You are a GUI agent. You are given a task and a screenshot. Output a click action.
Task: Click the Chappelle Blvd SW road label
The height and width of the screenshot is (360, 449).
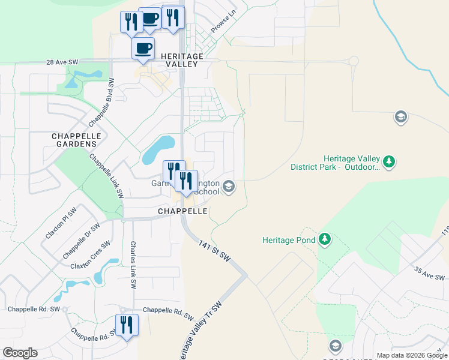[x=101, y=101]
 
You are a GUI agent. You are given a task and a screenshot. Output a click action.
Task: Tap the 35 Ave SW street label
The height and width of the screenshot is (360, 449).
[x=429, y=274]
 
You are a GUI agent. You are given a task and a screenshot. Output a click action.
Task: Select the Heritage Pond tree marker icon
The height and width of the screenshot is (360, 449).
[x=325, y=240]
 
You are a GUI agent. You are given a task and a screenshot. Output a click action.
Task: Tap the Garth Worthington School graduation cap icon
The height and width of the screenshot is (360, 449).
[x=228, y=187]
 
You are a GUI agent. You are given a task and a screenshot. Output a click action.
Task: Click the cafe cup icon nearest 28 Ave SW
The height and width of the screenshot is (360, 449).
[x=143, y=48]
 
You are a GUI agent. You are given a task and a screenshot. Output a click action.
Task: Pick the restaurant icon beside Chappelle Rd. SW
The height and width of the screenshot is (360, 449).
[x=127, y=325]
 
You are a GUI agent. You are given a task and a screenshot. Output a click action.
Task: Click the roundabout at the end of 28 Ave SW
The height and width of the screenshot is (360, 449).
[x=353, y=61]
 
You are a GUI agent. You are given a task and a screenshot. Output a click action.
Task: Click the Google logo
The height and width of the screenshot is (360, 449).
[x=20, y=353]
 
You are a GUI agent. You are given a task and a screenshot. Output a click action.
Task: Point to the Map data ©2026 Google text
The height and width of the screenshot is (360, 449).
[x=411, y=355]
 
